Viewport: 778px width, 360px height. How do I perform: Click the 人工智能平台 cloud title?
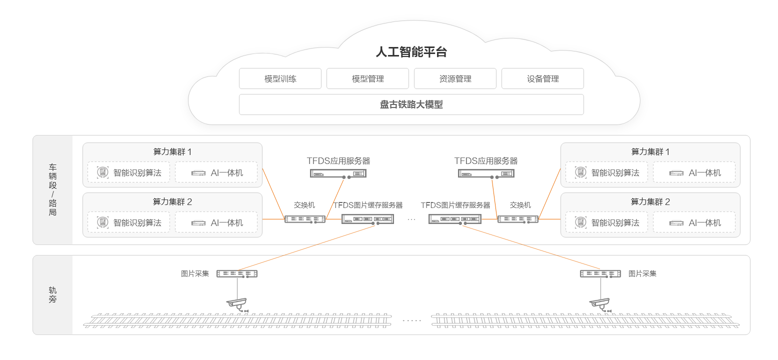(411, 52)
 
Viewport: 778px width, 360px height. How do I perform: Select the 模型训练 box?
(280, 78)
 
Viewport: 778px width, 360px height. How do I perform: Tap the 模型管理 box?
(367, 78)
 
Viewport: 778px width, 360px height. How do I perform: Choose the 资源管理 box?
(455, 78)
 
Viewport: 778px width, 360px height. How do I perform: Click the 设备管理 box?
(542, 78)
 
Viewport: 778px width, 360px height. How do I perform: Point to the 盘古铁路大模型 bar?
(411, 104)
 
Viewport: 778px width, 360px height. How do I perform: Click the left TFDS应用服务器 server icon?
(338, 173)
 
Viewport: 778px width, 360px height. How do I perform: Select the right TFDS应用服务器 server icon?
(486, 173)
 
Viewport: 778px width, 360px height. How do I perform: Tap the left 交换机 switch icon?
(304, 219)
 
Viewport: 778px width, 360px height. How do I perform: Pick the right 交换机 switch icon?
(518, 219)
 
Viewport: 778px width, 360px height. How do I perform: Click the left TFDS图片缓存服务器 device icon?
(368, 219)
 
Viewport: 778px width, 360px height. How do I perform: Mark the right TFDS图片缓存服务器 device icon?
(455, 219)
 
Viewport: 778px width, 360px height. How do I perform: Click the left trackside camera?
(237, 303)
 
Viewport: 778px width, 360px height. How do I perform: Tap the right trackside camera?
(599, 303)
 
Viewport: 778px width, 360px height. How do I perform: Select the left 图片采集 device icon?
(237, 274)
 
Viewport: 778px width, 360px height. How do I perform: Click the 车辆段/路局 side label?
(52, 189)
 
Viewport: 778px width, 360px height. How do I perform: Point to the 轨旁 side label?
(52, 294)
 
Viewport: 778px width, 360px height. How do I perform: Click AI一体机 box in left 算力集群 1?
(216, 172)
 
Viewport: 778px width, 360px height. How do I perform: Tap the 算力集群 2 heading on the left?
(172, 202)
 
